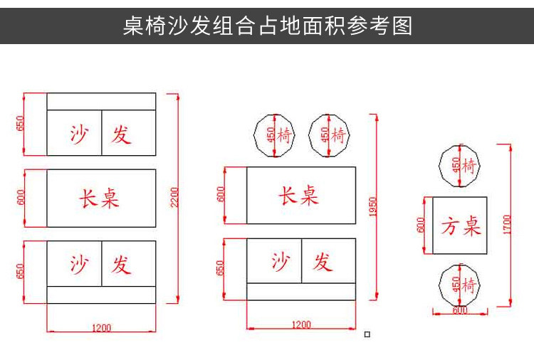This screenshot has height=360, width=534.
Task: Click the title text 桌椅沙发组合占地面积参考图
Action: (x=267, y=26)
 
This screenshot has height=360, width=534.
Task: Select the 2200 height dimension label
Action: (x=174, y=198)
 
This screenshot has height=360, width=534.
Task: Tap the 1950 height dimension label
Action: (x=372, y=206)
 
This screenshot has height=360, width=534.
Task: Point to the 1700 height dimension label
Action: (x=506, y=224)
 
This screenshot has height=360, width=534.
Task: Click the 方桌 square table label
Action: (x=460, y=227)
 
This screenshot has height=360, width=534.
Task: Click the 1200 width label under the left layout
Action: (x=102, y=328)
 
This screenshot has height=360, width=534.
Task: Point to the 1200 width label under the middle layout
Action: (x=301, y=325)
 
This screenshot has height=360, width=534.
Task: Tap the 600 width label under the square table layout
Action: (x=459, y=310)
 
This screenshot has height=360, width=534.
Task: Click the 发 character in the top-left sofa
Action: (x=121, y=133)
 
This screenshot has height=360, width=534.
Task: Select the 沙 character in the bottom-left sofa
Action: (x=79, y=265)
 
